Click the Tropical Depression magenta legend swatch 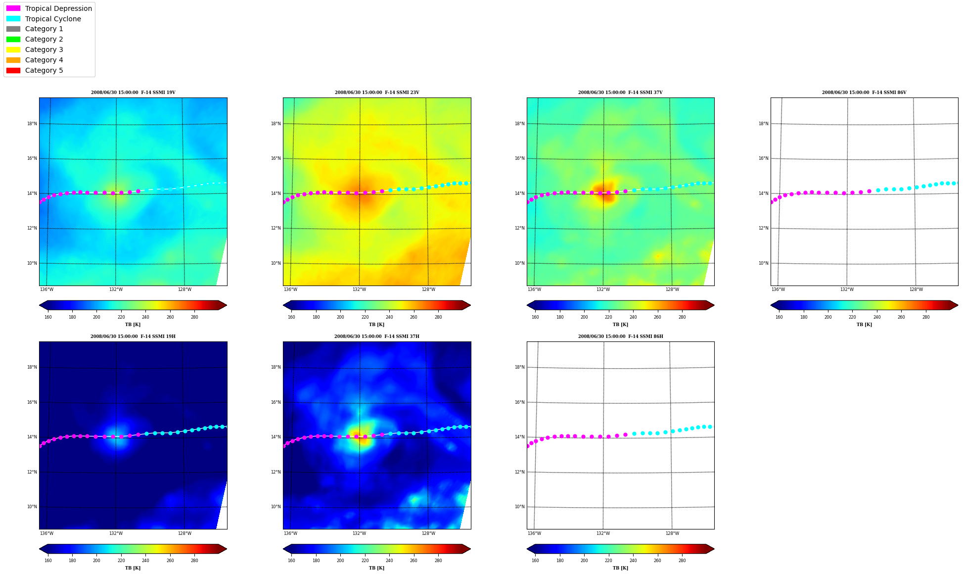[13, 8]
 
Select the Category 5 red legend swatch [13, 70]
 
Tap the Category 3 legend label [44, 49]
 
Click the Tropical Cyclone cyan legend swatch [13, 19]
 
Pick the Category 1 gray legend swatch [13, 29]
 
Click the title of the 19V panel [133, 93]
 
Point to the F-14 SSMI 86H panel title [620, 336]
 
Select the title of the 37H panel [376, 336]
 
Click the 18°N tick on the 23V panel [275, 124]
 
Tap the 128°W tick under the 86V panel [916, 289]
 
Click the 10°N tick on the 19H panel [32, 507]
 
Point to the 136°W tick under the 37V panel [534, 289]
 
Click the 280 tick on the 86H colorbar [682, 561]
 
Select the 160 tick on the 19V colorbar [48, 317]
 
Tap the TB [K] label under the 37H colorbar [376, 568]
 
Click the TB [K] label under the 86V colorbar [864, 325]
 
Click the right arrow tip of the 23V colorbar [470, 305]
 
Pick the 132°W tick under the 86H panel [603, 533]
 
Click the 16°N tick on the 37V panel [519, 158]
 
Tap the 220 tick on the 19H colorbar [121, 561]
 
